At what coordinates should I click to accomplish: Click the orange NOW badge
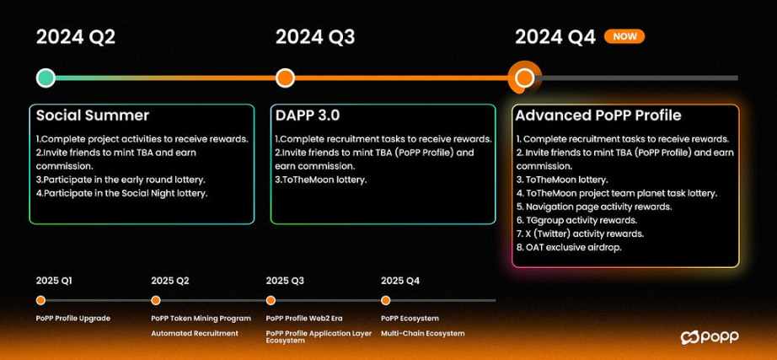point(624,36)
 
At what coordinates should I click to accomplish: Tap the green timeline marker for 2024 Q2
point(46,78)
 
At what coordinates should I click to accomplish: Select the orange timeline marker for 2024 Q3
point(285,78)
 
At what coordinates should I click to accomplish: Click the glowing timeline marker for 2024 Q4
point(524,78)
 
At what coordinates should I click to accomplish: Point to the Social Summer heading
point(93,116)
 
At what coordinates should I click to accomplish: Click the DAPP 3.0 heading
point(308,116)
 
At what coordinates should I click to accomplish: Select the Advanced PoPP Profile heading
point(598,116)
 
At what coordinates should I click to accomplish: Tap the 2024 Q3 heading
point(315,37)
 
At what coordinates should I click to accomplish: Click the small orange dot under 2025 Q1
point(40,300)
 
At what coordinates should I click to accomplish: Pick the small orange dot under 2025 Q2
point(156,300)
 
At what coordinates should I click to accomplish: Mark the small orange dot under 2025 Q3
point(271,300)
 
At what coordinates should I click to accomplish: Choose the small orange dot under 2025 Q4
point(385,300)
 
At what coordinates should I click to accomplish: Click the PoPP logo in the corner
point(710,337)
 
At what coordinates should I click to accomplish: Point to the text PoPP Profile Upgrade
point(72,319)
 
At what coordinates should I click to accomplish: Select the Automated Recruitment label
point(194,333)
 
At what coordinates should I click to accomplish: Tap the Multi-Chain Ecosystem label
point(423,333)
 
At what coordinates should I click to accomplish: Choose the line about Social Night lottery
point(121,193)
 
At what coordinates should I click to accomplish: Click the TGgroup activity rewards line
point(576,220)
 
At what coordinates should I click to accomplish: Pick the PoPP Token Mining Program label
point(201,319)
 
